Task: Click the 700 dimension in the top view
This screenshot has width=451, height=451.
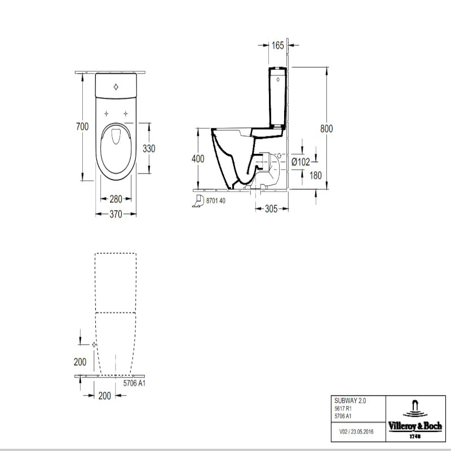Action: pyautogui.click(x=83, y=127)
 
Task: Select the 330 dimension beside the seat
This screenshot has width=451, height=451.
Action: pyautogui.click(x=149, y=149)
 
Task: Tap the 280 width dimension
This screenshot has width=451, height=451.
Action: pyautogui.click(x=116, y=199)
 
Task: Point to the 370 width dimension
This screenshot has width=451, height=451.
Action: pyautogui.click(x=116, y=214)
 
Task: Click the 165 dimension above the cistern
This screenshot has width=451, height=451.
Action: pyautogui.click(x=277, y=46)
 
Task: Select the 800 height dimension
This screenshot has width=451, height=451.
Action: pyautogui.click(x=326, y=129)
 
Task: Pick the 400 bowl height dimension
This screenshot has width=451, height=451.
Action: pyautogui.click(x=198, y=159)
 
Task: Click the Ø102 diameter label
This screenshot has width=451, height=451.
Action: pyautogui.click(x=300, y=162)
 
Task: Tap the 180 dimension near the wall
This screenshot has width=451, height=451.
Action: pyautogui.click(x=316, y=175)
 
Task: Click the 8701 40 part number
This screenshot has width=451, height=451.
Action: pyautogui.click(x=217, y=201)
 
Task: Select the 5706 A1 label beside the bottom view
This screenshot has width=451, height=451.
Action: pyautogui.click(x=134, y=383)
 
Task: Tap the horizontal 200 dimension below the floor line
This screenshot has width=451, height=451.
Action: pyautogui.click(x=104, y=396)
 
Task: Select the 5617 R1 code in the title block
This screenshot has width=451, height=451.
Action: pyautogui.click(x=342, y=408)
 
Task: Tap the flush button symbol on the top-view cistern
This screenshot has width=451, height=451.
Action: pyautogui.click(x=116, y=86)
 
